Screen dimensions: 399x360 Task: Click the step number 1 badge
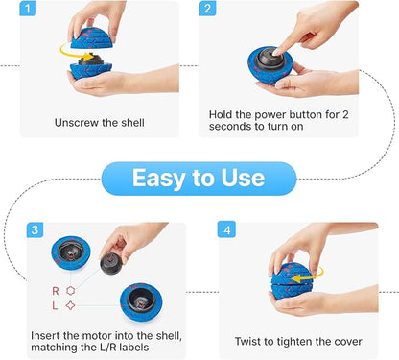click(x=28, y=8)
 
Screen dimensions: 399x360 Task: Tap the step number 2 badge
click(x=207, y=8)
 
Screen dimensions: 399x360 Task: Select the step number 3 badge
click(x=35, y=229)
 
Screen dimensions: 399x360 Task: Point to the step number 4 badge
click(x=226, y=229)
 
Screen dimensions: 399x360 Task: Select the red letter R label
click(x=56, y=291)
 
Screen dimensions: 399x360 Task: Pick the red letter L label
click(x=55, y=305)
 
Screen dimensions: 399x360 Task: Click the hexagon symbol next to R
click(x=71, y=291)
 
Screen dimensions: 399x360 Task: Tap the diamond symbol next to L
click(x=70, y=305)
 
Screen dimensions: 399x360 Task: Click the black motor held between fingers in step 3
click(x=111, y=263)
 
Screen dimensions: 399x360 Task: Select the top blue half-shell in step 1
click(x=91, y=38)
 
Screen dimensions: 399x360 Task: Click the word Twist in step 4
click(x=246, y=341)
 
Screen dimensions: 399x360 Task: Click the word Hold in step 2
click(x=221, y=114)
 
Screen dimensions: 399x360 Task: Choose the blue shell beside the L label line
click(x=141, y=302)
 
